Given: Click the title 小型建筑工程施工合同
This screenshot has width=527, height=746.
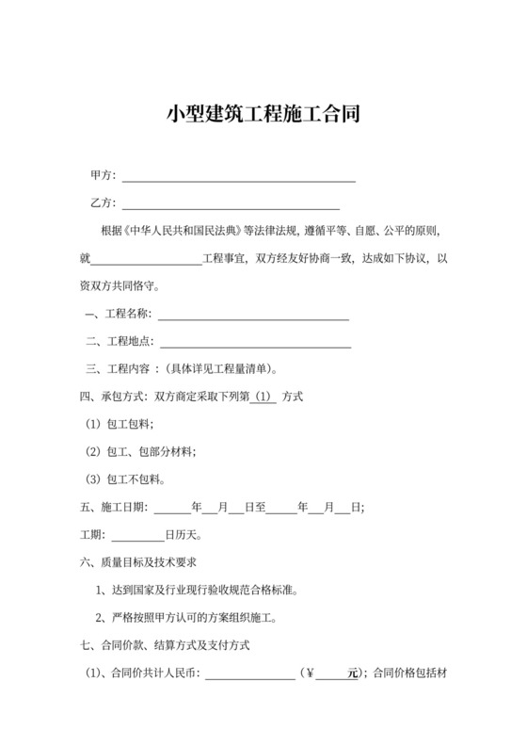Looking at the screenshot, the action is tap(263, 115).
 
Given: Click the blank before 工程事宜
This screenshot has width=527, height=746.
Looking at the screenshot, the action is tap(147, 259).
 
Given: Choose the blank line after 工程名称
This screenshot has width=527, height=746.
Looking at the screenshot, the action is tap(256, 314).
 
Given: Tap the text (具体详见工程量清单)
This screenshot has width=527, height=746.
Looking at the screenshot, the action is tap(221, 369).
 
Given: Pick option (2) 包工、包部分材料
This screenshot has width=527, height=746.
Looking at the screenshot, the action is tap(141, 453).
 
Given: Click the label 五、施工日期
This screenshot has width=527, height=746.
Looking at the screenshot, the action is tap(114, 508).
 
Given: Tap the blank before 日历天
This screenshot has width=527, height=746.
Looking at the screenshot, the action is tap(138, 536).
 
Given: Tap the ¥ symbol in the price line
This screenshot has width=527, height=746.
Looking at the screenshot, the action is tap(309, 674).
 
